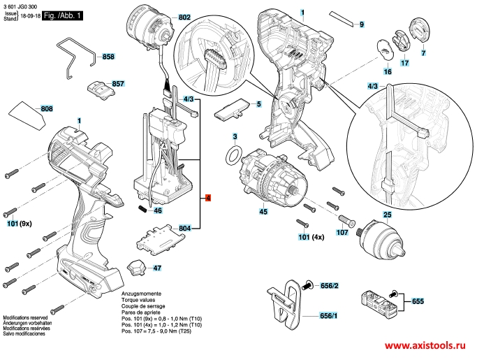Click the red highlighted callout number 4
pyautogui.click(x=208, y=198)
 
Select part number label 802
pyautogui.click(x=184, y=17)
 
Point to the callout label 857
pyautogui.click(x=117, y=83)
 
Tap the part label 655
pyautogui.click(x=418, y=301)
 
